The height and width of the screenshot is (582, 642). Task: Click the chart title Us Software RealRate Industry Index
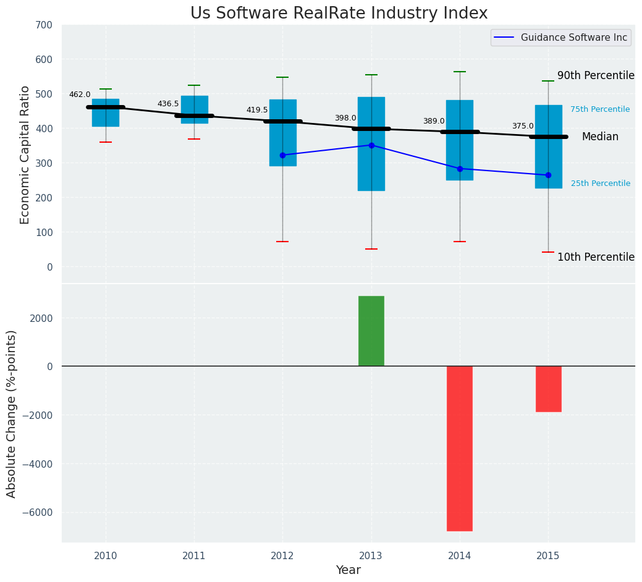coord(339,14)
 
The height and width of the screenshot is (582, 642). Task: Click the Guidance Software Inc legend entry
coord(573,38)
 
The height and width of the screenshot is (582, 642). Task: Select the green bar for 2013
coord(371,331)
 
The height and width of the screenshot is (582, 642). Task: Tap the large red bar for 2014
coord(460,448)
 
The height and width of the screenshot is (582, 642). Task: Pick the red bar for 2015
coord(548,389)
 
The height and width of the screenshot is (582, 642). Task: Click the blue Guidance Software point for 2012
coord(282,155)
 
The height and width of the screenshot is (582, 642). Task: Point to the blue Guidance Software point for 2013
coord(371,145)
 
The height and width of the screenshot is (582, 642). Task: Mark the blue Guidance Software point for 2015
coord(548,175)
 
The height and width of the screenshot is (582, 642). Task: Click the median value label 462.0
coord(80,95)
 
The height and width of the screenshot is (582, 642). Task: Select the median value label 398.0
coord(345,118)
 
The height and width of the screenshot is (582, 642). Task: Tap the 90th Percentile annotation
coord(596,75)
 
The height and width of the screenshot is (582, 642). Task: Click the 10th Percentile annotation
coord(596,257)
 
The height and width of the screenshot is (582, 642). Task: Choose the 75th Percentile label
coord(600,109)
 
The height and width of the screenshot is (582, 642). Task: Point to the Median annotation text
coord(600,137)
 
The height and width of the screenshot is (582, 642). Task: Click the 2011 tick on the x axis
coord(194,556)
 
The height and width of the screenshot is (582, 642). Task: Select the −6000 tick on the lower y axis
coord(38,512)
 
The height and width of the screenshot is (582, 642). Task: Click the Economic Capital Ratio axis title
coord(25,155)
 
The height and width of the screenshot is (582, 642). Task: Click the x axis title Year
coord(348,570)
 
